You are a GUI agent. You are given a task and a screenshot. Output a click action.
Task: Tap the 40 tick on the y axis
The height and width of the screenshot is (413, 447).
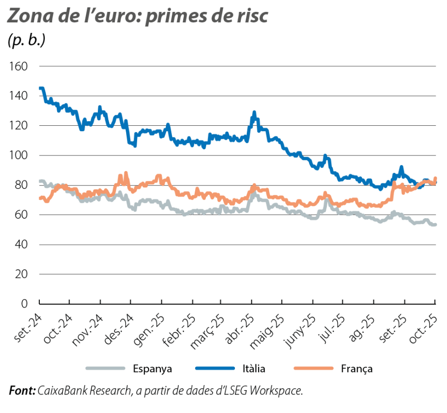point(23,245)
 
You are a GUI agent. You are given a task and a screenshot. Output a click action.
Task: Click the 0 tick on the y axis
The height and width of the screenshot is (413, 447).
point(26,303)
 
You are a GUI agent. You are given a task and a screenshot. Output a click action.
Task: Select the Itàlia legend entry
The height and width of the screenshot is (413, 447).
point(253,369)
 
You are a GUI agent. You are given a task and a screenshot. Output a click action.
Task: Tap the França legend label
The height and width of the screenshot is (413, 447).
point(357,369)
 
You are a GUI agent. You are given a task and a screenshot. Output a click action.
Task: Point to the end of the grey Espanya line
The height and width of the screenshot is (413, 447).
point(435,225)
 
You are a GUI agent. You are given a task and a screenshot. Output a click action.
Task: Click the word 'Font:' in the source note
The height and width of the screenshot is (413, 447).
point(21,391)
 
